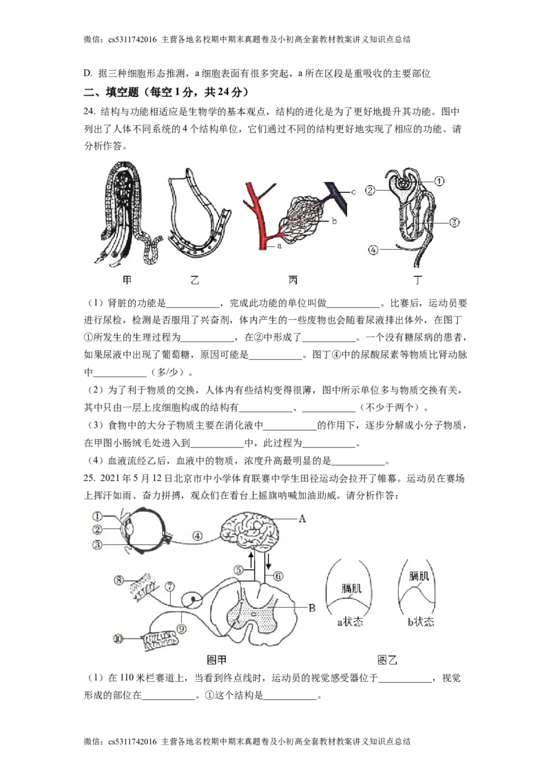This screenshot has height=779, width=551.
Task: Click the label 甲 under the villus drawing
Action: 127,280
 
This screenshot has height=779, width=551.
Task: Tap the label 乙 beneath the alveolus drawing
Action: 195,280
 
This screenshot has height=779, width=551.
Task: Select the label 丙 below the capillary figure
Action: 293,280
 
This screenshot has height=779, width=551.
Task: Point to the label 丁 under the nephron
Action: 417,280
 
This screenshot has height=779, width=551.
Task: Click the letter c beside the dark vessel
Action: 353,192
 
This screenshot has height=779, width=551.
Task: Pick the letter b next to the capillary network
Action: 334,221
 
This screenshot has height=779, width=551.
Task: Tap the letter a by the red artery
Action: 280,246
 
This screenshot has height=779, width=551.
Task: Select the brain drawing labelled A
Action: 247,529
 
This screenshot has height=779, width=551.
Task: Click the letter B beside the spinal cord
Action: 312,607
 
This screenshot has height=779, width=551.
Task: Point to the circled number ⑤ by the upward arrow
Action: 239,570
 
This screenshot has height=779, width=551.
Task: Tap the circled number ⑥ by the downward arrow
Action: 278,576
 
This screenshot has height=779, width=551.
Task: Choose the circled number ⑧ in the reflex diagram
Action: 119,580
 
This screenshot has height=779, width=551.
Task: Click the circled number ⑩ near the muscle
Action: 118,639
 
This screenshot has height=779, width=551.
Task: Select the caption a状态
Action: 350,621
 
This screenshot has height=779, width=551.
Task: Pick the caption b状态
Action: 421,621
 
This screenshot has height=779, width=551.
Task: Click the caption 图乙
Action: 387,660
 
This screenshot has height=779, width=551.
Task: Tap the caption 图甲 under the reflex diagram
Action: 216,660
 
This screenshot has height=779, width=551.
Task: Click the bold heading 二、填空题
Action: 111,92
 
